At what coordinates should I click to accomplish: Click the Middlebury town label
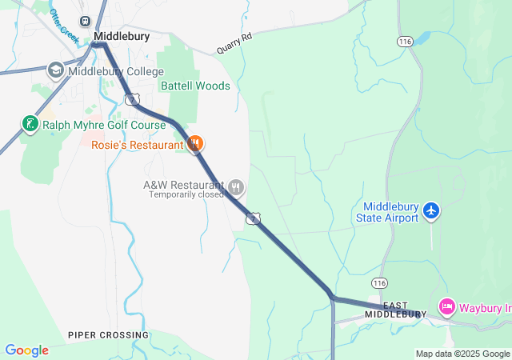[x=122, y=36]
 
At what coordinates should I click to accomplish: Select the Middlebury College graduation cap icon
[x=56, y=70]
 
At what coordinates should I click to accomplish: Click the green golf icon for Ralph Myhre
[x=30, y=124]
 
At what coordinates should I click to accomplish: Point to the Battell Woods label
[x=195, y=86]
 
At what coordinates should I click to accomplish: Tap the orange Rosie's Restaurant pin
[x=194, y=143]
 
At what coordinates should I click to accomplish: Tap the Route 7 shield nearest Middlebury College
[x=132, y=98]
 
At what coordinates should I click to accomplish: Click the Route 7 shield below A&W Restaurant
[x=254, y=218]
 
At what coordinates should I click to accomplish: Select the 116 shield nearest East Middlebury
[x=379, y=282]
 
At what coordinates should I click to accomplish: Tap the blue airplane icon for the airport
[x=432, y=210]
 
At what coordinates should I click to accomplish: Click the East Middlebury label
[x=395, y=310]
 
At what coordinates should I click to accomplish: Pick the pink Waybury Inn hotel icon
[x=447, y=306]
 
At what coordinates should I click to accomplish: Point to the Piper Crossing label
[x=108, y=334]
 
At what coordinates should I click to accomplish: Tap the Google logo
[x=26, y=350]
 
